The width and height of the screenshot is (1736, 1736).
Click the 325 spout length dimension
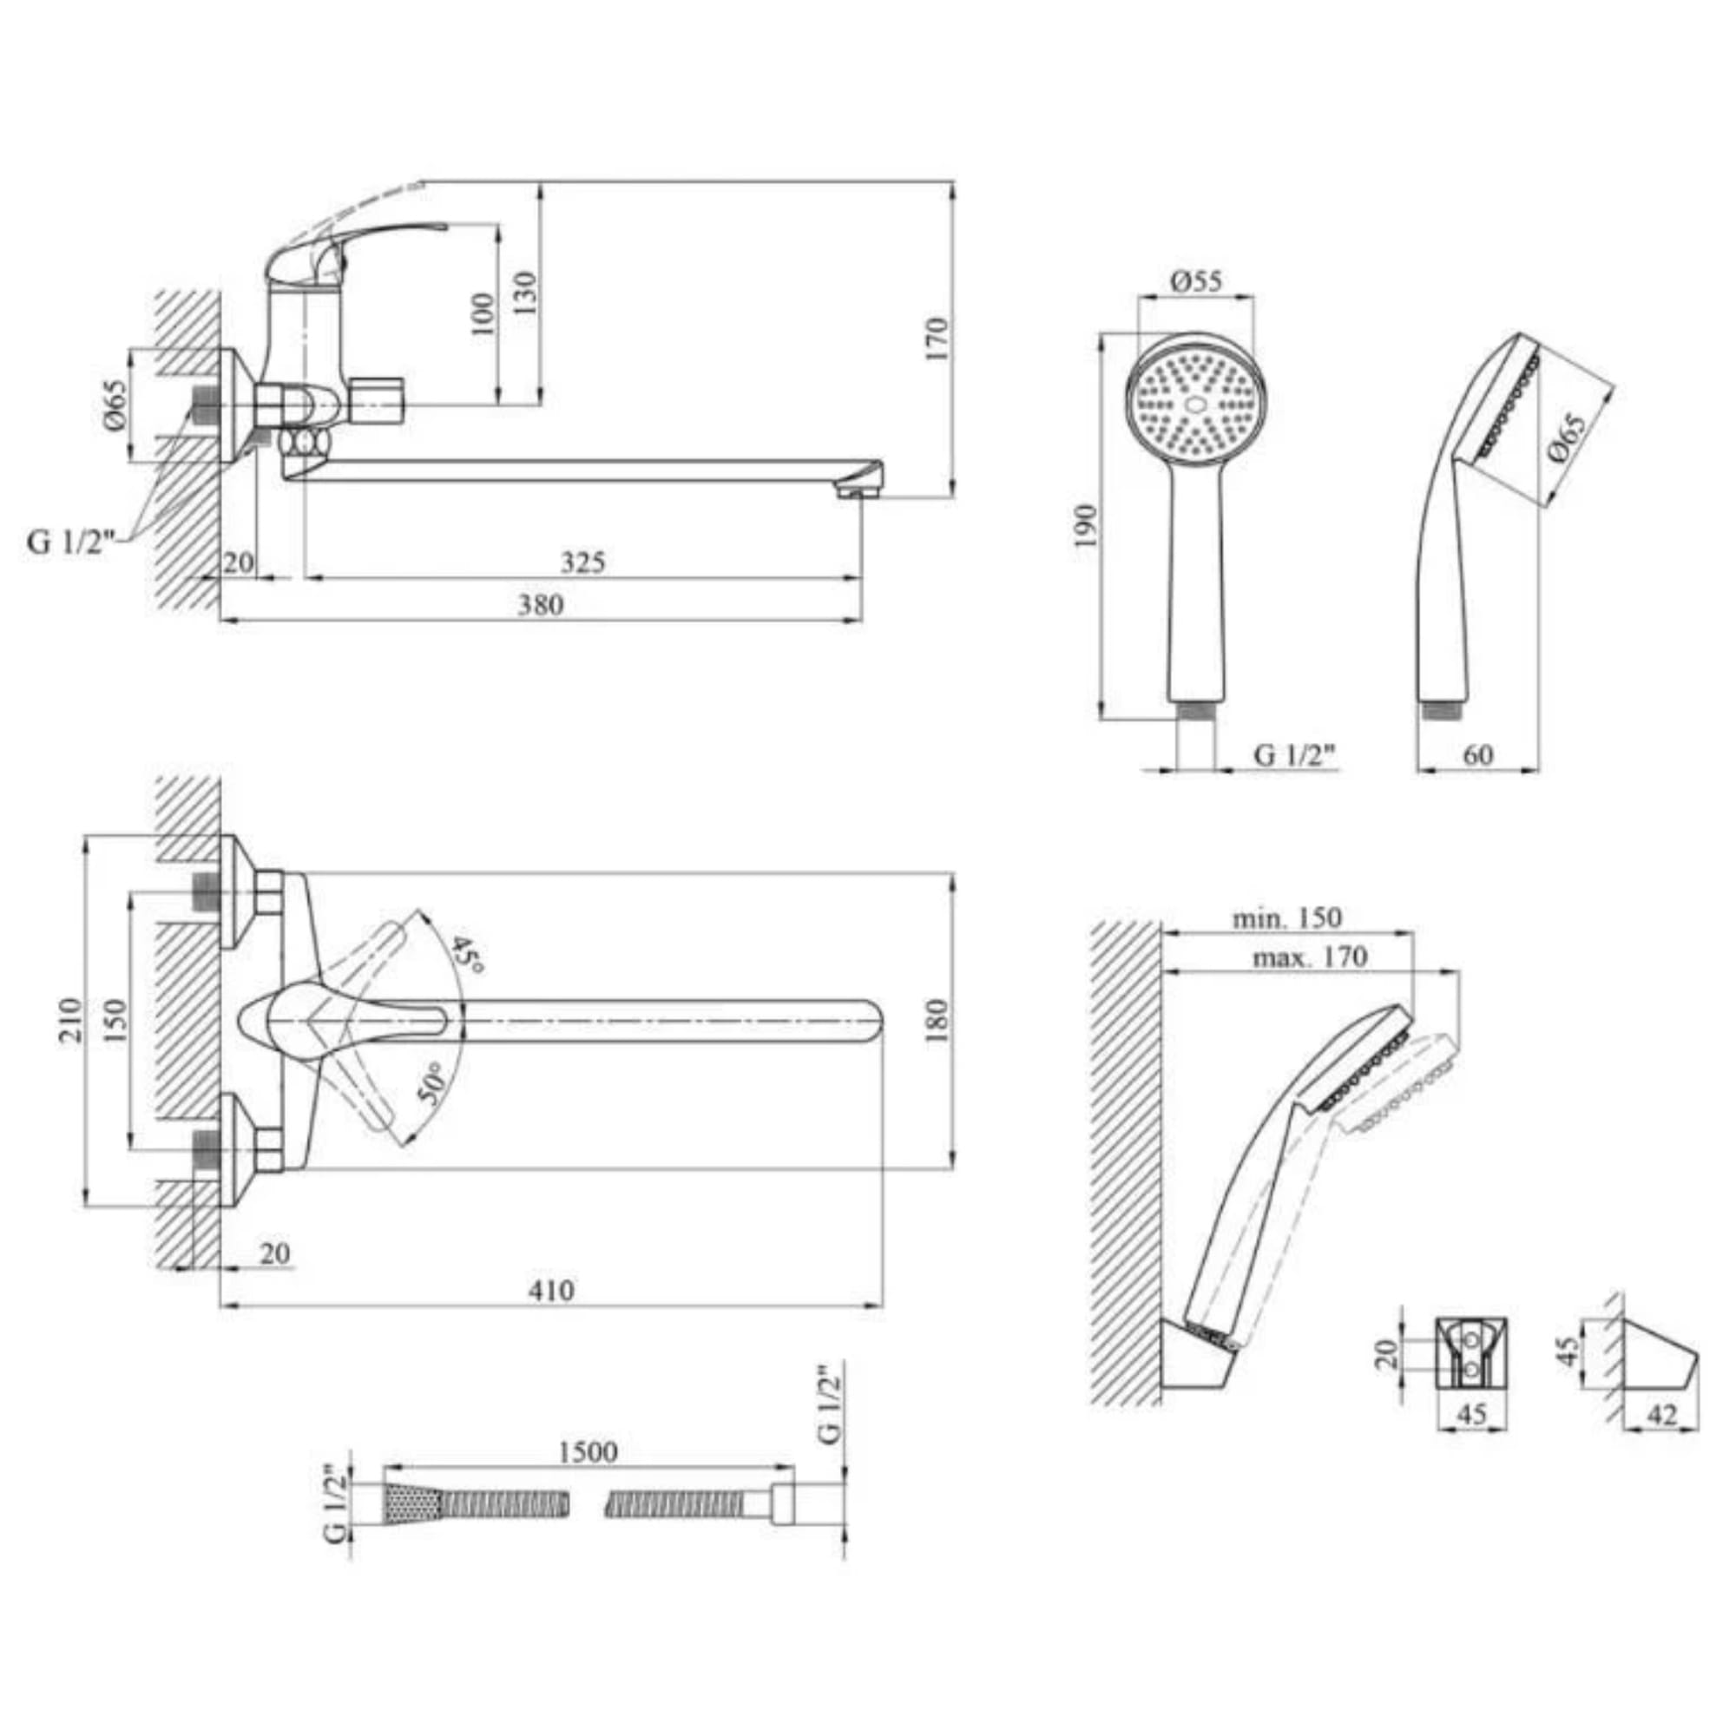click(x=583, y=562)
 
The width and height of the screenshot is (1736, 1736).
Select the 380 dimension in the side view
click(x=540, y=605)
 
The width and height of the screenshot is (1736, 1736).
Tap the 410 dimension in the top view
click(x=551, y=1291)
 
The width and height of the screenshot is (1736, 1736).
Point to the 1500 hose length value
click(x=588, y=1451)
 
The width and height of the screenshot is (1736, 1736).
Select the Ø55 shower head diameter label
click(x=1196, y=281)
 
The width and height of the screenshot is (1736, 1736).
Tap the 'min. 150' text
click(x=1286, y=918)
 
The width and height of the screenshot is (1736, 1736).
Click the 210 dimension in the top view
click(x=72, y=1020)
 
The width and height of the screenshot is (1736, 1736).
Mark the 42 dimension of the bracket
click(x=1663, y=1415)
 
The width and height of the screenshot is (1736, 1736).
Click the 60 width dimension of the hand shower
click(x=1477, y=755)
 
